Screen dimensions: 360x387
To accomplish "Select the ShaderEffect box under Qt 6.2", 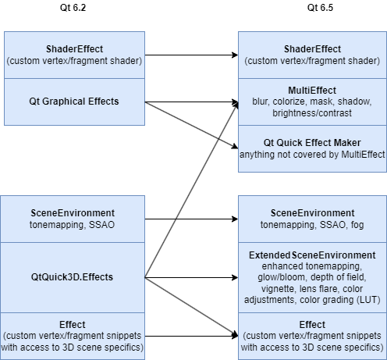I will tap(73, 55).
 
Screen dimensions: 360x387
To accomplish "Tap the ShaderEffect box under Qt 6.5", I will tap(311, 55).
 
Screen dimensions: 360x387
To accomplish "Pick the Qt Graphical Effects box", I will tap(73, 102).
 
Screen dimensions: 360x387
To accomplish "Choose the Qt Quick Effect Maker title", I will tap(311, 143).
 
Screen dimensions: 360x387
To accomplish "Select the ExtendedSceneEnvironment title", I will tap(311, 255).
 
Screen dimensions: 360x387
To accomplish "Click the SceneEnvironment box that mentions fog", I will tap(311, 219).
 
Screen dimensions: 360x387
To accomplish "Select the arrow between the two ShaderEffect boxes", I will tap(191, 55).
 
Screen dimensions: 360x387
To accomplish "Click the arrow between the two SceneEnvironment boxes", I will tap(191, 219).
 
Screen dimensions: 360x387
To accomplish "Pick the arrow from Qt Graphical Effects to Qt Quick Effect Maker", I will tap(191, 124).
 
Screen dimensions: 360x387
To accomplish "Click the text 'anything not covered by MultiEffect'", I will tap(311, 155).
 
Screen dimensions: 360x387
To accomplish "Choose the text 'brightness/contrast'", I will tap(311, 112).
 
